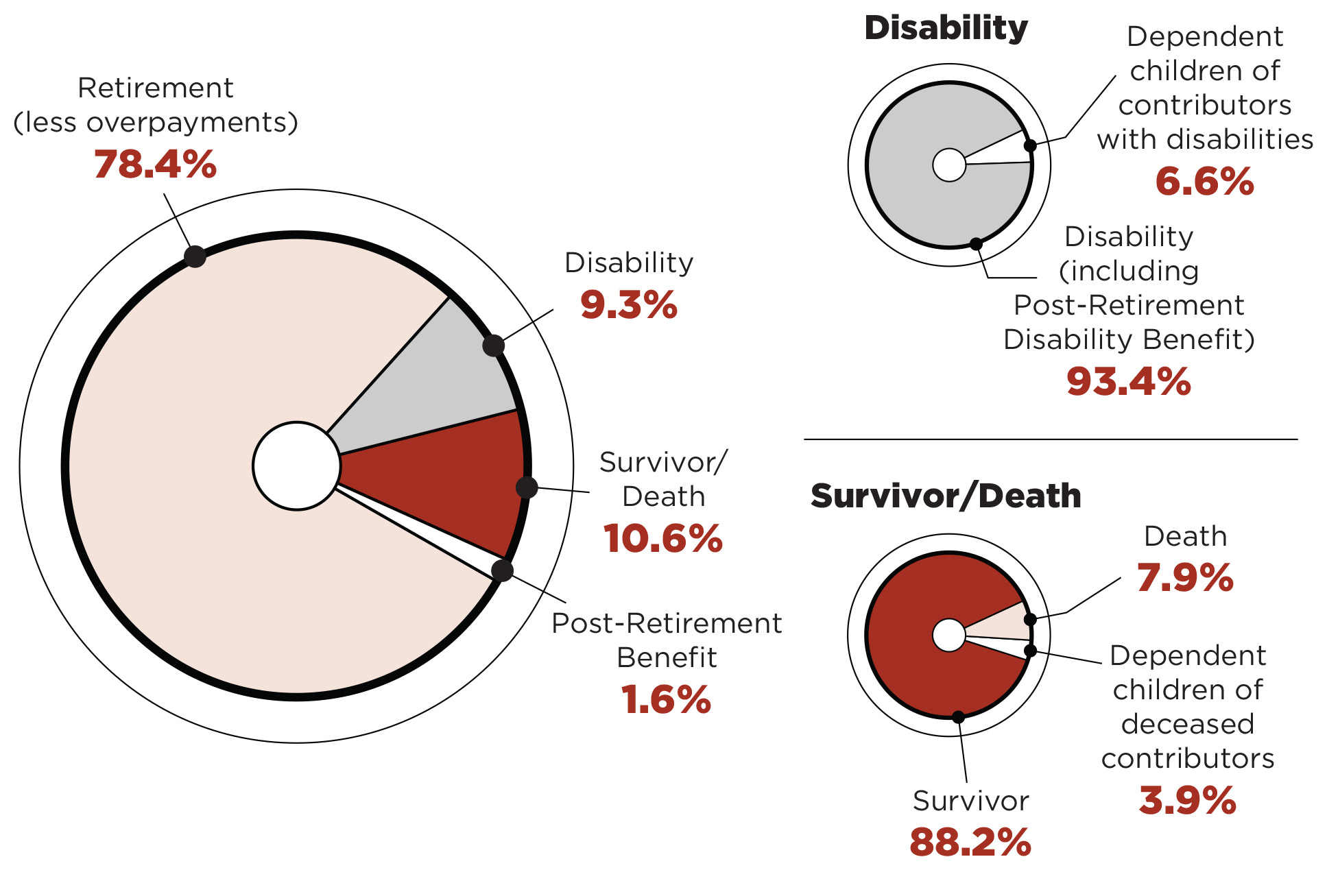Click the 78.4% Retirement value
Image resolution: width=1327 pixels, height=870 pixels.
(x=155, y=165)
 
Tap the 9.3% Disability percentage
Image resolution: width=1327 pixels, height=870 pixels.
(x=628, y=305)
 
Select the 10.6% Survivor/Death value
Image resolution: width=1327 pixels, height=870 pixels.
(x=662, y=538)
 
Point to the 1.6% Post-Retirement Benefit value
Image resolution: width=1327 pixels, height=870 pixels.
(x=666, y=700)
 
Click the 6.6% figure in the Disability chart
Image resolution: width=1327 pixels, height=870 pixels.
(x=1204, y=182)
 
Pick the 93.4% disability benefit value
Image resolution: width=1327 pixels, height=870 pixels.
(x=1128, y=382)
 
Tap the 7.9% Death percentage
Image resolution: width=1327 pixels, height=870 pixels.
(x=1185, y=577)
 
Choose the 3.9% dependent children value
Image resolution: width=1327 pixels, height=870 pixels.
(x=1187, y=800)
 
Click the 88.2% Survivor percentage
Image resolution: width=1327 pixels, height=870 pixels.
(x=970, y=843)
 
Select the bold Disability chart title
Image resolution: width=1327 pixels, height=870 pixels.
(x=946, y=28)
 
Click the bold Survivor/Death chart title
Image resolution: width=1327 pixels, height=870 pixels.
(x=945, y=496)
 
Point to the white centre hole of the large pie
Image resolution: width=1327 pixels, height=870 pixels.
(x=296, y=466)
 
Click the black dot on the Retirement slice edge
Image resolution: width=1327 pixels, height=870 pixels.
(x=195, y=256)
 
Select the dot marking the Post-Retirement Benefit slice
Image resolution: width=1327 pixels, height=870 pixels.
(x=502, y=570)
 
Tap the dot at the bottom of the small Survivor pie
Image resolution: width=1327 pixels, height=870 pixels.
(x=958, y=717)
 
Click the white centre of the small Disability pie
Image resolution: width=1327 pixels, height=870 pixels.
(x=949, y=165)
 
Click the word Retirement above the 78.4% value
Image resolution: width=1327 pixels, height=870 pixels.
(x=156, y=88)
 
